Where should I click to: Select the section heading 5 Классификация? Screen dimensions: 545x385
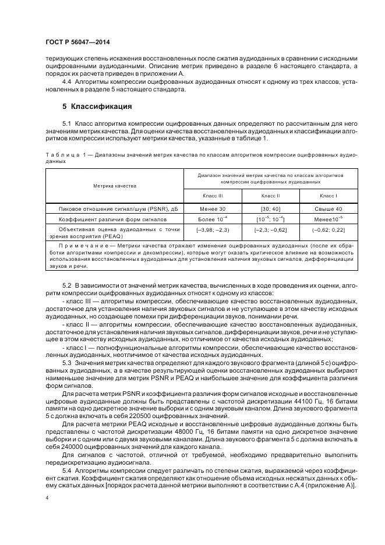pyautogui.click(x=97, y=107)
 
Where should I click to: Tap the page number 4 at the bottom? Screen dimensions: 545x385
pyautogui.click(x=47, y=498)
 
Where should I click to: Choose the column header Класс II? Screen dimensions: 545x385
pyautogui.click(x=270, y=196)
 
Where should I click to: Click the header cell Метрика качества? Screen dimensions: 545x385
pyautogui.click(x=115, y=186)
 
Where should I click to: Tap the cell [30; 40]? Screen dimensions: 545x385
pyautogui.click(x=270, y=208)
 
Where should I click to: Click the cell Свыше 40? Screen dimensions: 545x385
pyautogui.click(x=328, y=208)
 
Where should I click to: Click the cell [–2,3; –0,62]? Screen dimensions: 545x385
pyautogui.click(x=270, y=231)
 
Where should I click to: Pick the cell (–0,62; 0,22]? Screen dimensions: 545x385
pyautogui.click(x=328, y=231)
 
